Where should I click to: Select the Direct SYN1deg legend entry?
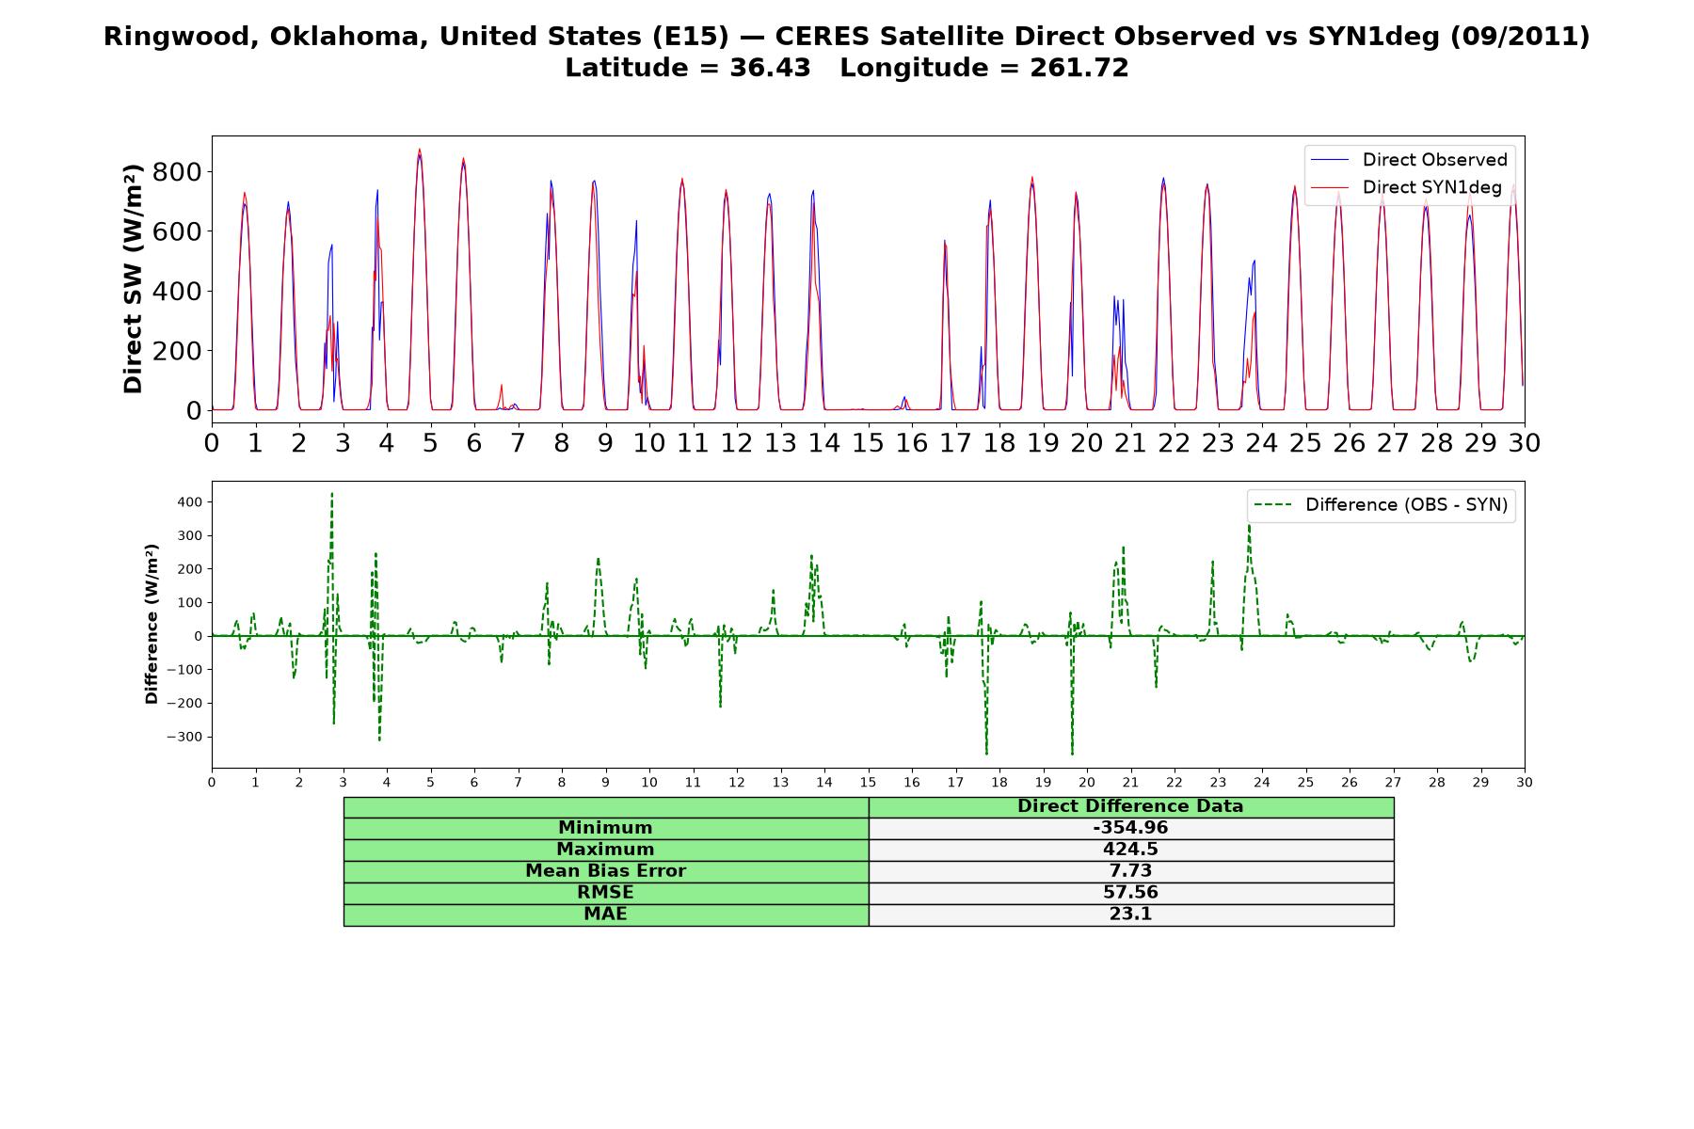(x=1407, y=187)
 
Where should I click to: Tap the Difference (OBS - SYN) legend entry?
(x=1382, y=505)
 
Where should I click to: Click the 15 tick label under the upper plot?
(x=868, y=442)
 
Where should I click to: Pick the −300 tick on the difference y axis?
(x=184, y=737)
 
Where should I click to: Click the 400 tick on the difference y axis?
(x=190, y=502)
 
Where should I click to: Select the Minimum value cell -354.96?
(x=1130, y=828)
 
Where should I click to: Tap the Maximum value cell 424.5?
(x=1130, y=850)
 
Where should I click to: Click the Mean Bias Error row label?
(x=606, y=871)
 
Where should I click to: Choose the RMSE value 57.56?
(x=1130, y=893)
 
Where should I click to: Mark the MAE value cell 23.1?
(x=1130, y=914)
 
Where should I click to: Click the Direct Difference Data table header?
(x=1130, y=806)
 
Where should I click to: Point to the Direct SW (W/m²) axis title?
(x=133, y=278)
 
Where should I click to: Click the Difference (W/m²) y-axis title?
(x=152, y=624)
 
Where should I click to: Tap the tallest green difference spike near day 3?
(x=332, y=495)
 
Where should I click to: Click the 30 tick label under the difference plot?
(x=1525, y=783)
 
